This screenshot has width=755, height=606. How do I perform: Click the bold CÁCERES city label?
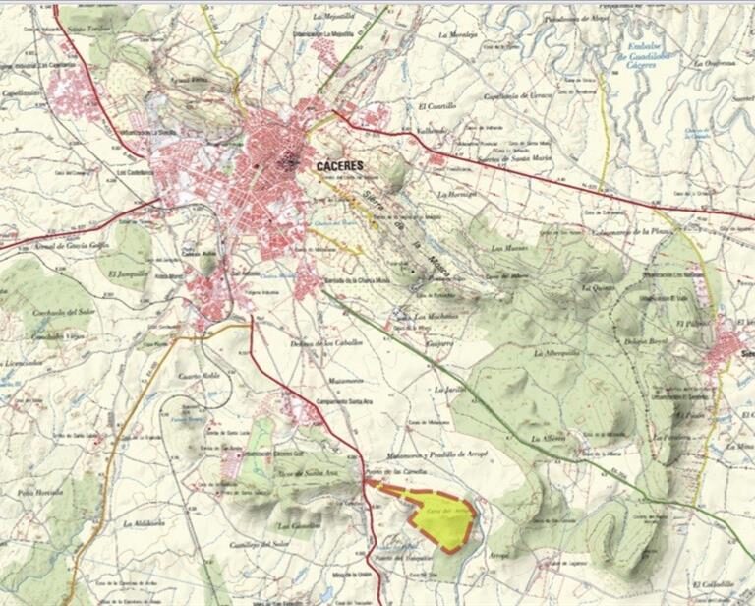(341, 166)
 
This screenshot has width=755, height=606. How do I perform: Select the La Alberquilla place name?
(555, 352)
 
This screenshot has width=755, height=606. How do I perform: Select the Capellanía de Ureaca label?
(518, 95)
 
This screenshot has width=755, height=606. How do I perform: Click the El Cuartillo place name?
(437, 105)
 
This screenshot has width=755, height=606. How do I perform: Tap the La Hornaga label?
(456, 195)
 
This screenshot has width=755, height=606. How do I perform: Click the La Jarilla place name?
(447, 390)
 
